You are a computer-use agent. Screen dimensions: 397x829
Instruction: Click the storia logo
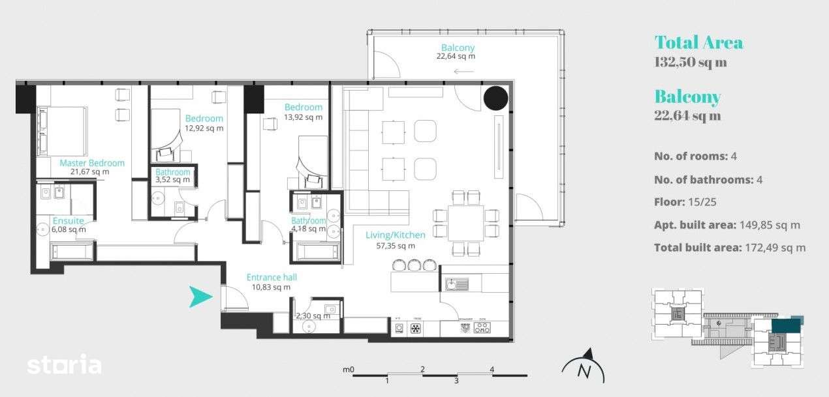click(64, 365)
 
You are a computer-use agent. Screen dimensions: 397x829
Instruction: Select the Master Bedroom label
click(91, 163)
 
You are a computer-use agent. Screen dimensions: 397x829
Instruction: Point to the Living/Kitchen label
click(396, 235)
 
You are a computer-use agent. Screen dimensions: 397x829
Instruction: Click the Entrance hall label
click(272, 277)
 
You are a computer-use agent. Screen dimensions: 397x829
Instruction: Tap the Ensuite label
click(69, 220)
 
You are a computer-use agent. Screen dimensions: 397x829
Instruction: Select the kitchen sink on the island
click(457, 284)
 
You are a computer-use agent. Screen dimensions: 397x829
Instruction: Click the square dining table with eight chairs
click(466, 222)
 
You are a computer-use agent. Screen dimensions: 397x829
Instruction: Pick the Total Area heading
click(698, 43)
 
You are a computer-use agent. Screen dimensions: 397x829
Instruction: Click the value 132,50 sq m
click(690, 63)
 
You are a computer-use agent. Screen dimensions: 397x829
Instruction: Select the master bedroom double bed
click(62, 130)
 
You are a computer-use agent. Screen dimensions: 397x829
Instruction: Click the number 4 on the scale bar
click(492, 370)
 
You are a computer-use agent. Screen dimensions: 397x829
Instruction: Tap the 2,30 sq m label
click(313, 316)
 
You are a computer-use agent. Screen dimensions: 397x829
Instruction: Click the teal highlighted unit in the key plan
click(785, 325)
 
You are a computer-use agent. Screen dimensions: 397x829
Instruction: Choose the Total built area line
click(729, 247)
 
